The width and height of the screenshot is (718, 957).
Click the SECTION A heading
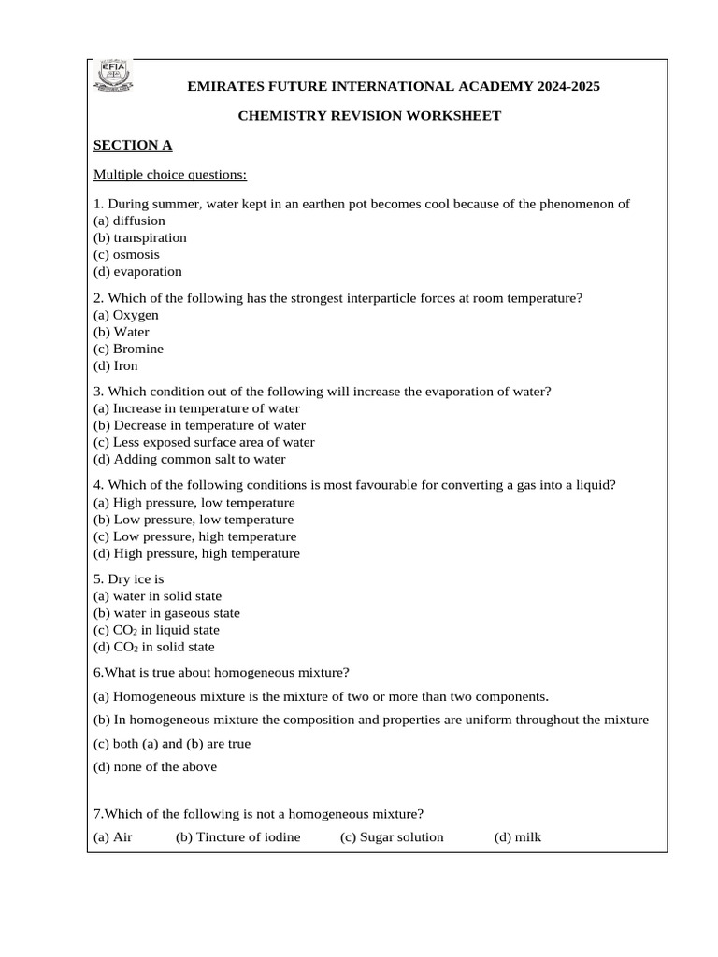coord(133,146)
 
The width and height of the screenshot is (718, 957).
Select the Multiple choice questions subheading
coord(170,175)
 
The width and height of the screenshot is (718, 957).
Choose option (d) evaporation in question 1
coord(138,272)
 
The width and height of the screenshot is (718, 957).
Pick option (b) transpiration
coord(140,238)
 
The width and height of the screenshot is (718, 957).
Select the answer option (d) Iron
coord(116,366)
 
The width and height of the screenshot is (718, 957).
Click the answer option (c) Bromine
coord(129,350)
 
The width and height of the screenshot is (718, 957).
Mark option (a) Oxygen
coord(126,315)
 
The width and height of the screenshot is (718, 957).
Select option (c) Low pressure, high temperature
coord(195,537)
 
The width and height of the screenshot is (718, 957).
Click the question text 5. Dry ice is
coord(129,579)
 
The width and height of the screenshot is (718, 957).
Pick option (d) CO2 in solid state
coord(154,647)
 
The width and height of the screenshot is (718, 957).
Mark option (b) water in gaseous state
coord(167,613)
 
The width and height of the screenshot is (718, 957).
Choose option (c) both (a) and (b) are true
coord(172,744)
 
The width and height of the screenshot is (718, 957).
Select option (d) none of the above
coord(155,767)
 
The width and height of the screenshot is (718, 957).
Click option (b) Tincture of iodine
coord(238,837)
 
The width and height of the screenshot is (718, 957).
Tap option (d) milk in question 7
coord(518,837)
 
